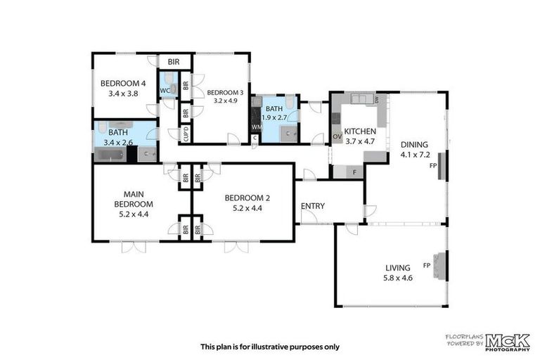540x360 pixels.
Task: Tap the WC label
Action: click(x=164, y=91)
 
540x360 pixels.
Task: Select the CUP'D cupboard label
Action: click(x=186, y=134)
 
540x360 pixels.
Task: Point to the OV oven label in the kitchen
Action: click(x=337, y=136)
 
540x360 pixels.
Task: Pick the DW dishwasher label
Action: click(x=378, y=100)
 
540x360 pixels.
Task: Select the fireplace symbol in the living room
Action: click(x=440, y=266)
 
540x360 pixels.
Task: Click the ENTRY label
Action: click(x=312, y=206)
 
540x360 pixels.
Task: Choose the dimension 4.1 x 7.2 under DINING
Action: click(x=414, y=154)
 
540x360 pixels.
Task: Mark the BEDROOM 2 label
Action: click(x=246, y=198)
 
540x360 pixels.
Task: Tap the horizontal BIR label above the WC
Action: click(x=174, y=62)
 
